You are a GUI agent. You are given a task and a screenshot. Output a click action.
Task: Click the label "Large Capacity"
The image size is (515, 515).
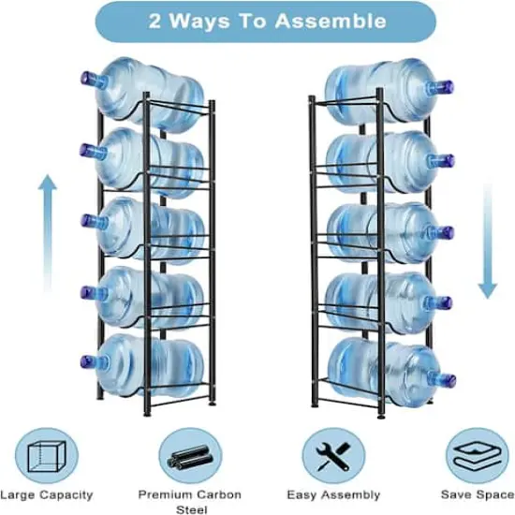click(x=46, y=494)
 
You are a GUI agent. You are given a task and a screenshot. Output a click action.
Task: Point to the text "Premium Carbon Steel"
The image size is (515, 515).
click(x=189, y=501)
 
